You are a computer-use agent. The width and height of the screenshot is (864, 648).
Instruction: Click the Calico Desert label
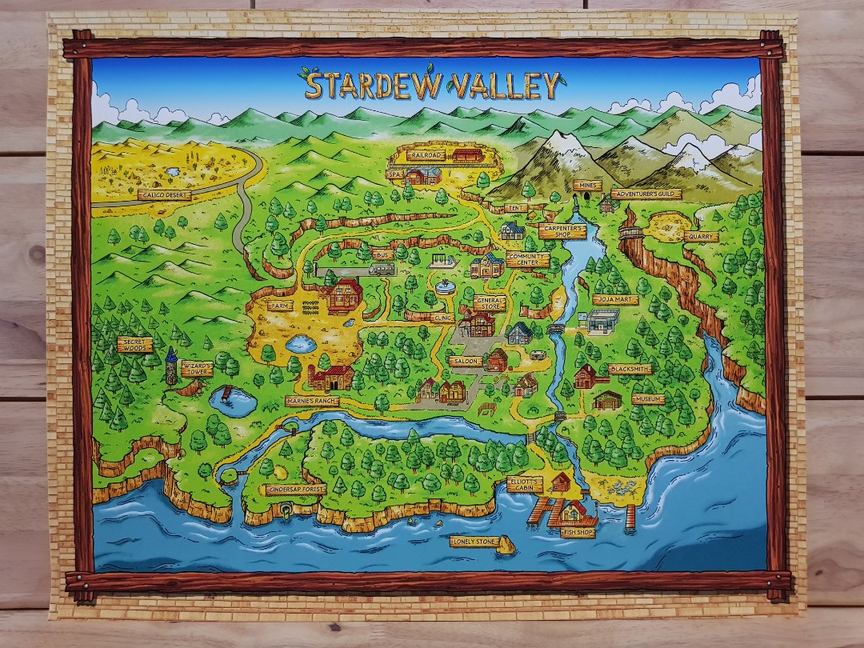[164, 194]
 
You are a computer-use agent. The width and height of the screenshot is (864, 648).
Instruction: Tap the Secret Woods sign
[134, 345]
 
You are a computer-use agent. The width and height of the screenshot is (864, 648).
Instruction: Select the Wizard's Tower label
[197, 369]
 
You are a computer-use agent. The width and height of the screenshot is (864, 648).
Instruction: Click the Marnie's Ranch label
[312, 401]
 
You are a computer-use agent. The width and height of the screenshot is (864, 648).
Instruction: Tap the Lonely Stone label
[473, 542]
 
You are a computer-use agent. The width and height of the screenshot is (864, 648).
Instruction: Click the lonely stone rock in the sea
[506, 545]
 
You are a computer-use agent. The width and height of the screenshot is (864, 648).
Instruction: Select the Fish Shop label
[578, 531]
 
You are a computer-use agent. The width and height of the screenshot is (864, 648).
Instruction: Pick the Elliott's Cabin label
[524, 484]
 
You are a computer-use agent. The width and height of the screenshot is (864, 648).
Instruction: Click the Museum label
[647, 398]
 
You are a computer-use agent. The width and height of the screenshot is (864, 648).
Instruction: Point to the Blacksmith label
[630, 369]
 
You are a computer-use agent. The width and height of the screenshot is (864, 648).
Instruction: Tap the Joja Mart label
[615, 300]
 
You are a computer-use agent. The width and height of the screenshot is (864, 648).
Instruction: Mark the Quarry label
[701, 237]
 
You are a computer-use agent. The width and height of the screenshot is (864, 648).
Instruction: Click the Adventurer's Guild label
[646, 194]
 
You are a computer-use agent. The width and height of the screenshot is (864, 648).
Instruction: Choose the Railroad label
[424, 155]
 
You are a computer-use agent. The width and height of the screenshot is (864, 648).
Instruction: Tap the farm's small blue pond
[299, 345]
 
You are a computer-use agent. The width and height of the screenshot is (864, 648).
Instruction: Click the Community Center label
[527, 259]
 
